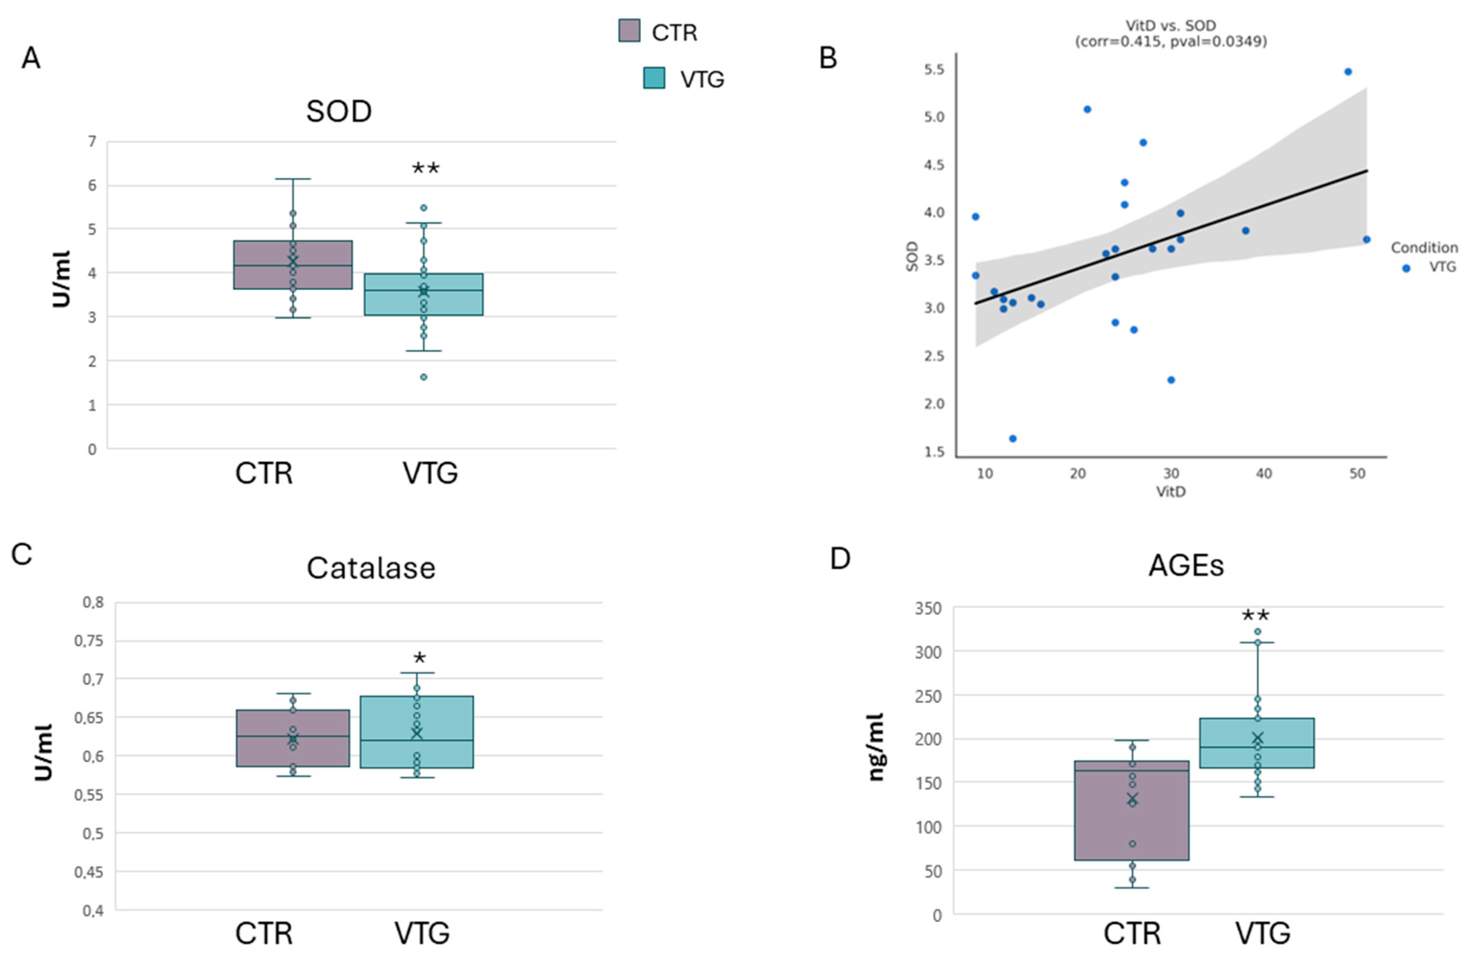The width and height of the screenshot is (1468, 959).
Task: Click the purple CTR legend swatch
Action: coord(629,31)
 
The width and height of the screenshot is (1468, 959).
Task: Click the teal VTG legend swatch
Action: coord(654,78)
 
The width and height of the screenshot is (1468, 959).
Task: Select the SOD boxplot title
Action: coord(339,111)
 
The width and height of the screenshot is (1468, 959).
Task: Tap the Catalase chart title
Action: coord(371,568)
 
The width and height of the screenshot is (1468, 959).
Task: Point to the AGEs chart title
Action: coord(1186,566)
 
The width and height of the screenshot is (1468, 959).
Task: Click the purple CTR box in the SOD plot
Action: coord(293,265)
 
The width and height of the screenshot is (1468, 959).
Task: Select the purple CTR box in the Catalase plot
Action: coord(293,738)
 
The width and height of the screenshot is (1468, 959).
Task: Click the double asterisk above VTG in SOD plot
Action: coord(426,168)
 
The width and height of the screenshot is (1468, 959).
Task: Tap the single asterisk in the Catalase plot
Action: coord(419,658)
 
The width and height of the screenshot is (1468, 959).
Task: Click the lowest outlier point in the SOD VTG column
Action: coord(424,377)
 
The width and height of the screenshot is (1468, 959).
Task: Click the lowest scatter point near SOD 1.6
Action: coord(1012,438)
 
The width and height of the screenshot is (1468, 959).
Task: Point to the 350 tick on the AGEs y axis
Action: coord(928,609)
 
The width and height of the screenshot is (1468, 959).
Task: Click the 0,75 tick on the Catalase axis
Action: coord(89,641)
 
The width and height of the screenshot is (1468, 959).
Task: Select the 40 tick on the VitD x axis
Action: coord(1264,473)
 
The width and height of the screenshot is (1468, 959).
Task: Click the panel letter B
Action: coord(828,58)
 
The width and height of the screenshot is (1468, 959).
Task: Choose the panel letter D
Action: coord(840,559)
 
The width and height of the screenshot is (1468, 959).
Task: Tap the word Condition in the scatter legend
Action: coord(1424,247)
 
